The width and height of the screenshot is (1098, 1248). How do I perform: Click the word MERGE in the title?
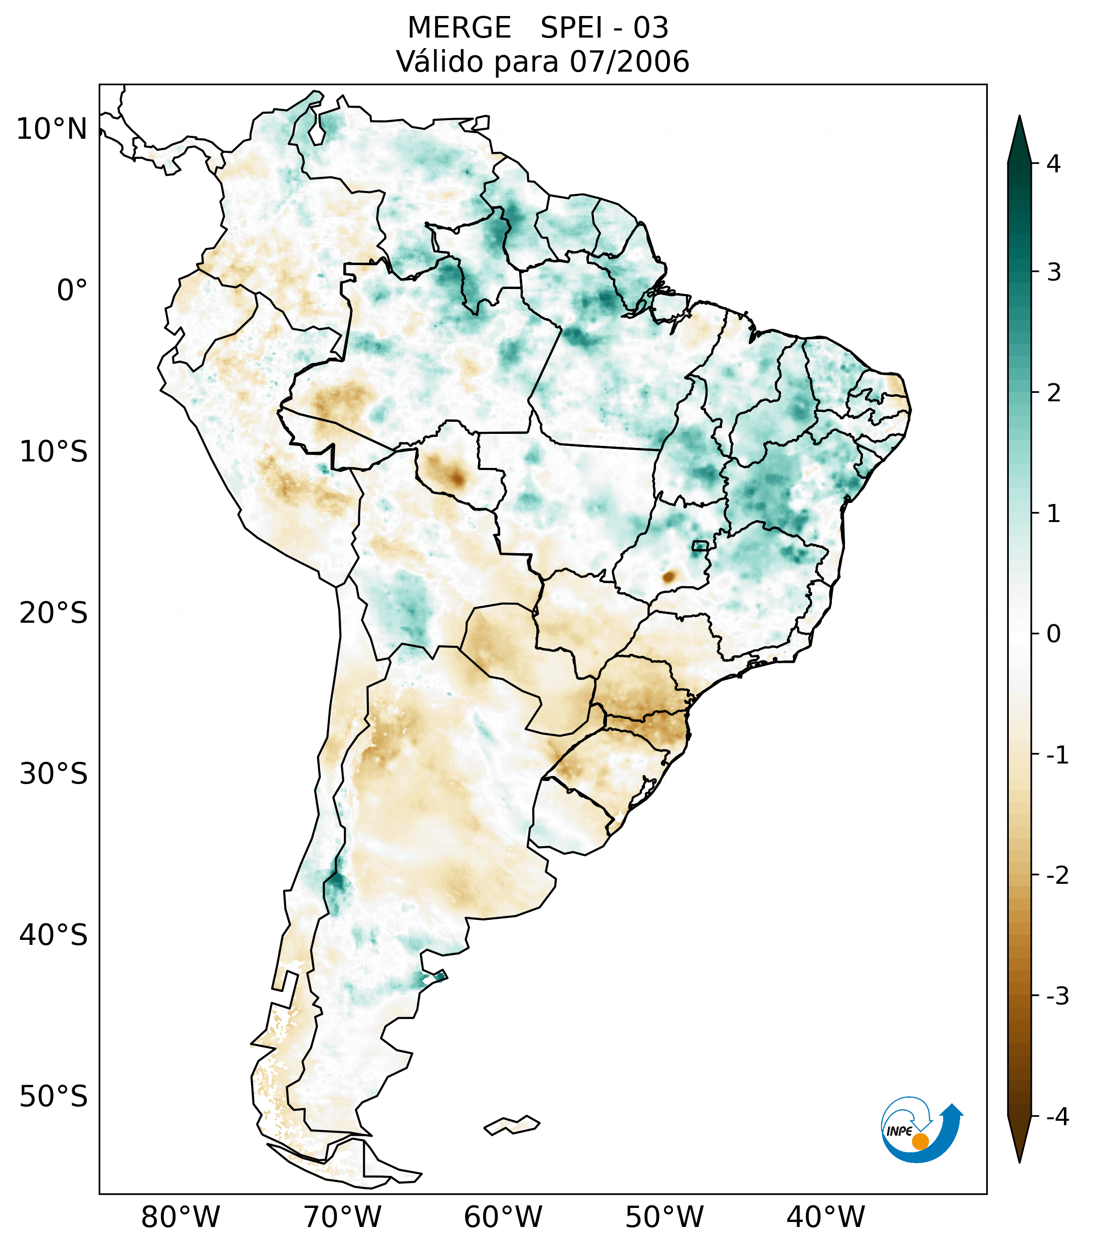click(x=459, y=28)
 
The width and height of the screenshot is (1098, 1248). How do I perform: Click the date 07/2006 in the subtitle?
click(x=629, y=62)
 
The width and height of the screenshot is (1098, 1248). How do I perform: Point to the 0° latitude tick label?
click(x=72, y=291)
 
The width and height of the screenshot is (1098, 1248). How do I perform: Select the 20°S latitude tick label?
click(x=54, y=613)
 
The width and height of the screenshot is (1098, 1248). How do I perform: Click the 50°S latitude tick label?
click(x=54, y=1097)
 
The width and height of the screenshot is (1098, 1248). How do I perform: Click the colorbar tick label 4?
click(x=1053, y=164)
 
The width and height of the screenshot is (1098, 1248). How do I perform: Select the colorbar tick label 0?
click(x=1053, y=634)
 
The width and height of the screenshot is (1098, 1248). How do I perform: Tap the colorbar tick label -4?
click(x=1057, y=1117)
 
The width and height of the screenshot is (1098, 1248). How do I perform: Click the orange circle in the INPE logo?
click(x=920, y=1141)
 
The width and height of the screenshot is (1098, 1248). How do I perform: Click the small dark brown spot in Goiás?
click(x=669, y=576)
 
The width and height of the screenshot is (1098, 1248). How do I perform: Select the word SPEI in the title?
click(x=571, y=28)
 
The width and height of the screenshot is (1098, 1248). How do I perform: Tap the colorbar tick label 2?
click(x=1053, y=393)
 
